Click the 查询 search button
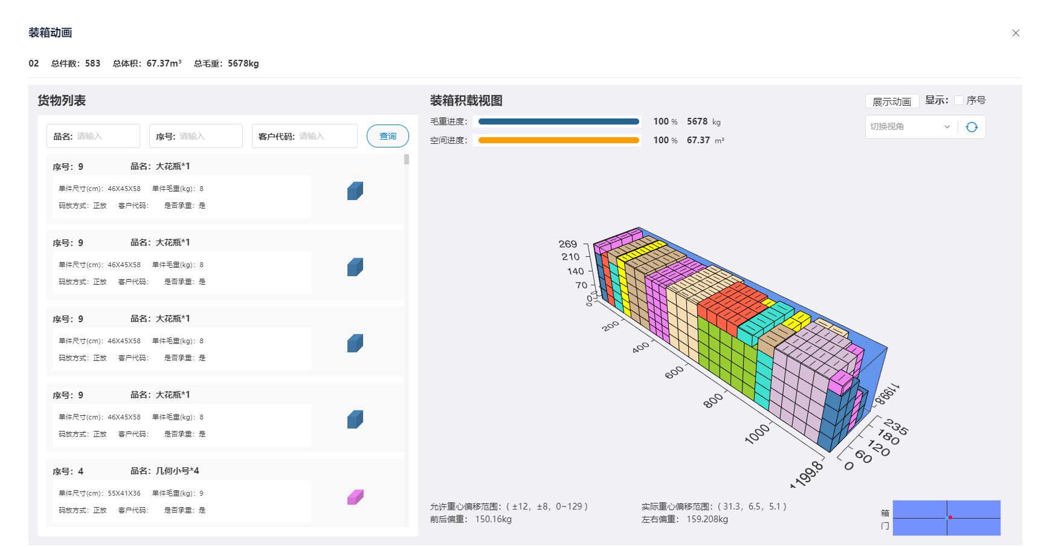pyautogui.click(x=387, y=136)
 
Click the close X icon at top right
pyautogui.click(x=1016, y=33)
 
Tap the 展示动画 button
pyautogui.click(x=892, y=102)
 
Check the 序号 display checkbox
pyautogui.click(x=959, y=100)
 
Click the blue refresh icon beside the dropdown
pyautogui.click(x=972, y=127)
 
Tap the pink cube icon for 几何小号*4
pyautogui.click(x=355, y=497)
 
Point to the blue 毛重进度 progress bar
pyautogui.click(x=559, y=121)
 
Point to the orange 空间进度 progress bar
pyautogui.click(x=559, y=140)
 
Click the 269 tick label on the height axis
pyautogui.click(x=568, y=244)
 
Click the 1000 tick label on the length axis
pyautogui.click(x=757, y=433)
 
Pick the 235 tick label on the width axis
pyautogui.click(x=896, y=427)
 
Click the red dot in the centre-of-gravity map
pyautogui.click(x=950, y=517)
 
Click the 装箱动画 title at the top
pyautogui.click(x=50, y=33)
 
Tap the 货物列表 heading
pyautogui.click(x=62, y=100)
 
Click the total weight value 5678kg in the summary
pyautogui.click(x=243, y=63)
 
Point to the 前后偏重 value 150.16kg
pyautogui.click(x=493, y=519)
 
